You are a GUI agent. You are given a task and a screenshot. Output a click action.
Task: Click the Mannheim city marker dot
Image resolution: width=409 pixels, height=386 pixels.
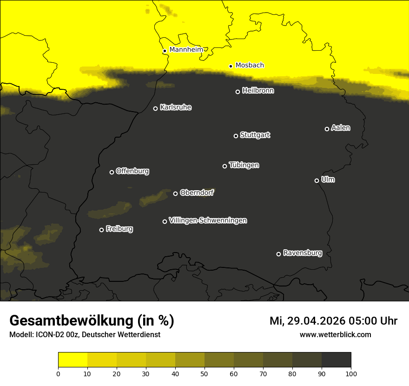click(x=165, y=51)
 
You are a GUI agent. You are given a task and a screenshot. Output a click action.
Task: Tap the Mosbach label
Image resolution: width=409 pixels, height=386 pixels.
click(x=250, y=65)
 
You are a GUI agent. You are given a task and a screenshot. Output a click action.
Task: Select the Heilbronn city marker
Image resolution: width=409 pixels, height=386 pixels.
click(x=237, y=92)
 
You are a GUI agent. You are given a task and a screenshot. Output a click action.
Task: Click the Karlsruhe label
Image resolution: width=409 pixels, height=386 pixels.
click(x=176, y=107)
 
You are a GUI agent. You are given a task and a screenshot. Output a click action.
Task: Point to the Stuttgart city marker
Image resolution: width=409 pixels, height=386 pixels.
click(x=236, y=136)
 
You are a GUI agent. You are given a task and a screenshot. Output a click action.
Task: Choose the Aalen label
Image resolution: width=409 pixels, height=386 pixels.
click(x=341, y=128)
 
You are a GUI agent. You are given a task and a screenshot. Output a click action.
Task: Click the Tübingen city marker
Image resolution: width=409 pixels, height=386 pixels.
click(x=224, y=166)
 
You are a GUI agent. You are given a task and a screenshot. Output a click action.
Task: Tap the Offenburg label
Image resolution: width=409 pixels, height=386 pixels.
click(x=132, y=171)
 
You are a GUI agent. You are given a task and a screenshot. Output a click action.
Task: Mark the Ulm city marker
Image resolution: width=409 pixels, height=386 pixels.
click(x=317, y=180)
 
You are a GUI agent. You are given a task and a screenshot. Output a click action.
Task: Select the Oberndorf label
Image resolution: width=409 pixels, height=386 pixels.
click(x=197, y=193)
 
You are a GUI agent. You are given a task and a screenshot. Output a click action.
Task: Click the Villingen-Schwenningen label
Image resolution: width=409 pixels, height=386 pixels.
click(x=208, y=220)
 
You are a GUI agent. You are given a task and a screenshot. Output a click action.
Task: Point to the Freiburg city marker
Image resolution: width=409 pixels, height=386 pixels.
click(x=101, y=230)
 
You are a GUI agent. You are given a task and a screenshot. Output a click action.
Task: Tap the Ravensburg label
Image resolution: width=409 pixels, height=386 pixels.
click(x=303, y=253)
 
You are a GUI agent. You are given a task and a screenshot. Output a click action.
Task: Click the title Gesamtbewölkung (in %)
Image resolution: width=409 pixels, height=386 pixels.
click(x=92, y=320)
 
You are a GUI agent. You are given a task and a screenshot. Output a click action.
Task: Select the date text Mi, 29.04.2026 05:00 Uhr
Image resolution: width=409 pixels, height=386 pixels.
click(x=333, y=321)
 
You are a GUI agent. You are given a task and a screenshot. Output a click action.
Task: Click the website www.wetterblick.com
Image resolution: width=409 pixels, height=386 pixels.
click(x=335, y=334)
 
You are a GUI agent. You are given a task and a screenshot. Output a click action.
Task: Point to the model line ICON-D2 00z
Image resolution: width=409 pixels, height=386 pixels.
click(x=85, y=334)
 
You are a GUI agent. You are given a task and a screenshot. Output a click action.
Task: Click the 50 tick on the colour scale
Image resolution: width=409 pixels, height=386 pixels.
click(x=204, y=373)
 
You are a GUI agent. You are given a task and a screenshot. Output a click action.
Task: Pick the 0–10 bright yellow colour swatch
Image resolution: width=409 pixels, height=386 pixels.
click(x=73, y=360)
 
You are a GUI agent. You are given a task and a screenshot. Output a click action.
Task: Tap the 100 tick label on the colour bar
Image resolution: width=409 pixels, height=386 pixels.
click(x=351, y=373)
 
